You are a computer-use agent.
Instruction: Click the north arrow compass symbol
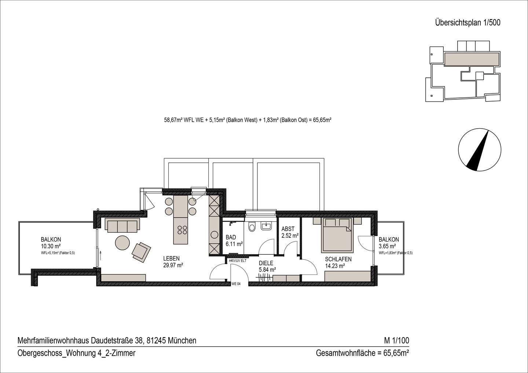click(479, 150)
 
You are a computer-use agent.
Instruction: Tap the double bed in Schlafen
click(337, 235)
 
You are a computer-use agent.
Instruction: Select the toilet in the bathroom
click(252, 227)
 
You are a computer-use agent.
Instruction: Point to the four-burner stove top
click(182, 230)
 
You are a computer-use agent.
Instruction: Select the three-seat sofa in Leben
click(122, 225)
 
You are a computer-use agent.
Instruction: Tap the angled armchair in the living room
click(141, 252)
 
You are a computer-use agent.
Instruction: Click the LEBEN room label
click(171, 259)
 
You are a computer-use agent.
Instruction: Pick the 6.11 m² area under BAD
click(234, 244)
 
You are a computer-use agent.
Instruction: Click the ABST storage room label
click(288, 229)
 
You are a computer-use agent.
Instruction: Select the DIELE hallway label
click(266, 263)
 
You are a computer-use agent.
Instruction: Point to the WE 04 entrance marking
click(236, 284)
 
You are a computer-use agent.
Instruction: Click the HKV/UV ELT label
click(237, 261)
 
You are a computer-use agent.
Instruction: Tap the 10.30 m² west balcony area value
click(51, 247)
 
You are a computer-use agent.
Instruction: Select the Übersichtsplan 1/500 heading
click(467, 23)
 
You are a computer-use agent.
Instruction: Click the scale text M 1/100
click(396, 340)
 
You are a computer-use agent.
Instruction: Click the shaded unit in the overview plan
click(472, 59)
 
